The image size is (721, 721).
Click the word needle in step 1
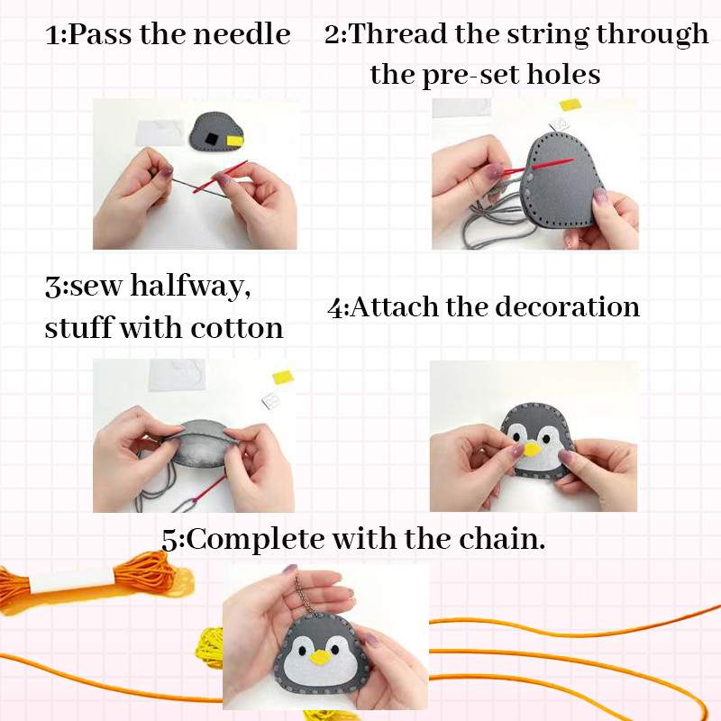(x=242, y=34)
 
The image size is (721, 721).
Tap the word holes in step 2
(x=563, y=74)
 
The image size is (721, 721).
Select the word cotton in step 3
(x=237, y=328)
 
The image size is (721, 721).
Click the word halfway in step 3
(x=190, y=287)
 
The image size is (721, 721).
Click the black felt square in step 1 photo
(x=212, y=139)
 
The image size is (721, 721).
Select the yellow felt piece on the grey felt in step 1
(x=235, y=141)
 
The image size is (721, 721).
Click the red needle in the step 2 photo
(x=539, y=167)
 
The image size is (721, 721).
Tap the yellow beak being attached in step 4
(x=532, y=449)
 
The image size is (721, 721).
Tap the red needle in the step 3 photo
(x=209, y=490)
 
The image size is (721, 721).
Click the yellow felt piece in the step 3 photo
(x=283, y=377)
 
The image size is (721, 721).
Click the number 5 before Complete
(x=170, y=540)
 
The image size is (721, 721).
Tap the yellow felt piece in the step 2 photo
(x=570, y=105)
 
